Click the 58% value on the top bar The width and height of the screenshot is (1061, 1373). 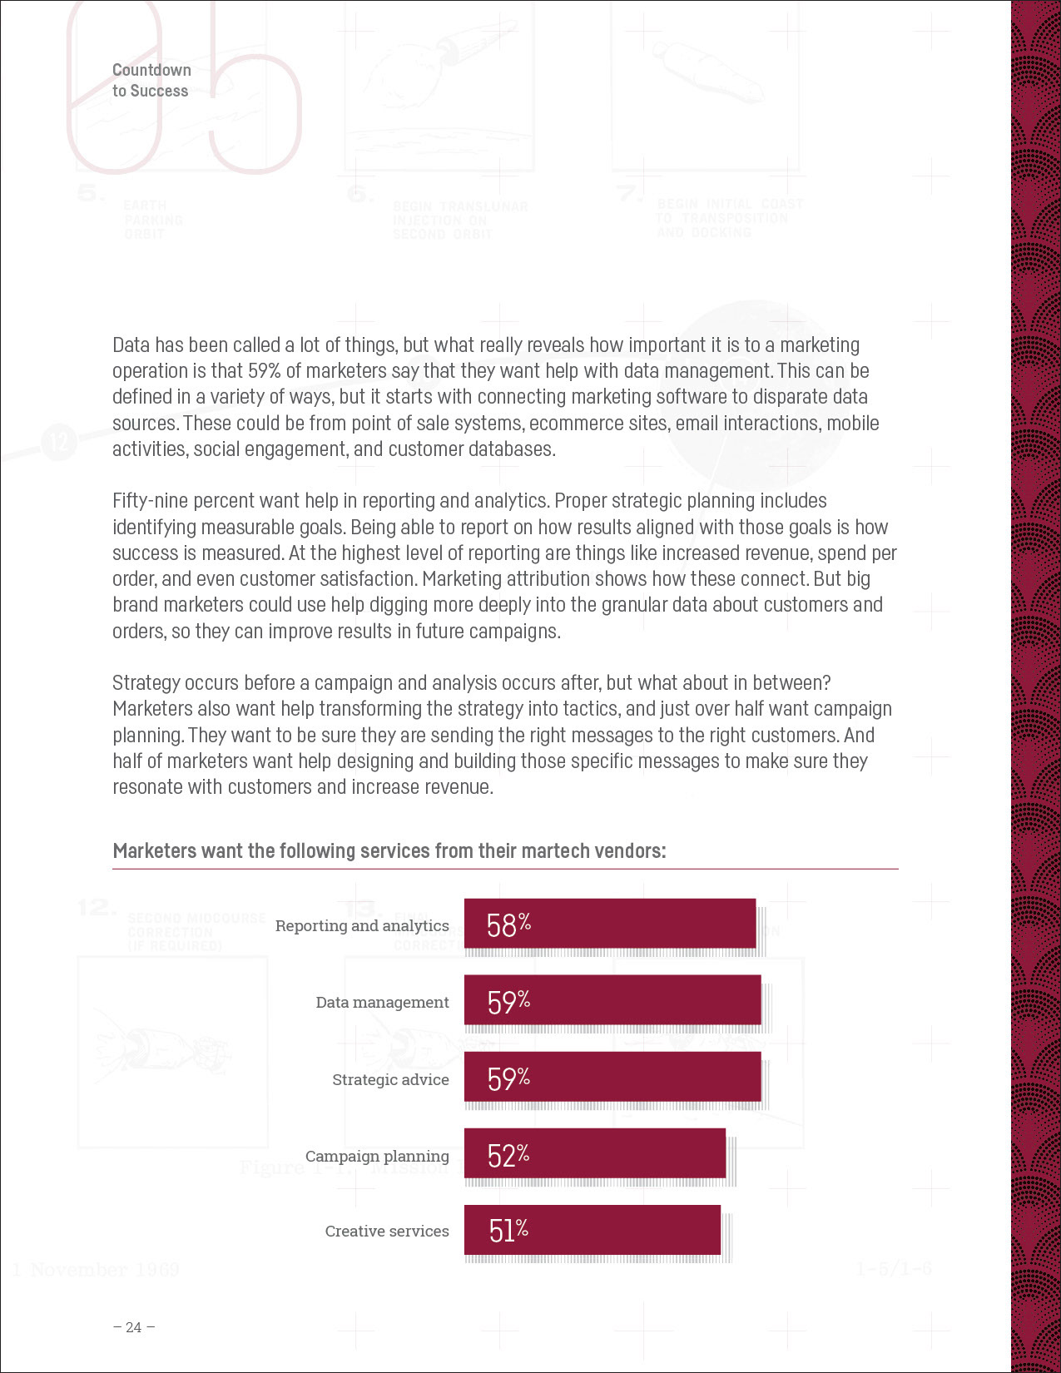coord(508,924)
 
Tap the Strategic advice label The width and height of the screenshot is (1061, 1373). coord(390,1079)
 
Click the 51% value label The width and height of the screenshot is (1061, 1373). coord(508,1230)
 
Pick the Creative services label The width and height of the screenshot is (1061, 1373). coord(387,1231)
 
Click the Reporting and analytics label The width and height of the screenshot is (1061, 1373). coord(362,925)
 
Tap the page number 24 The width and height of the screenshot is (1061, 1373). coord(133,1327)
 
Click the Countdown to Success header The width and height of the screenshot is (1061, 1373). coord(151,81)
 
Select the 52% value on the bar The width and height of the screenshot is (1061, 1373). coord(508,1154)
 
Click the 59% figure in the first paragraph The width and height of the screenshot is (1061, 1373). coord(264,371)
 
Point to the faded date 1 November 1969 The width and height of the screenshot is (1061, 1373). coord(97,1270)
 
